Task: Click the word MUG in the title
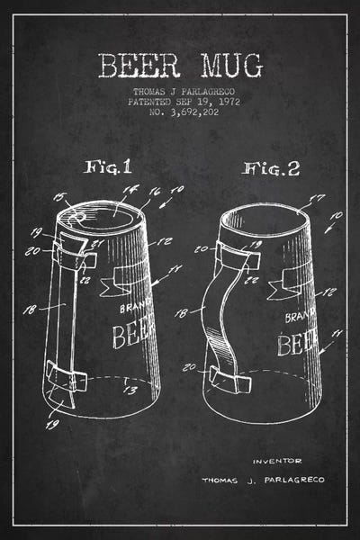tap(229, 66)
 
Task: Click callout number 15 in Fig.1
tap(60, 195)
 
